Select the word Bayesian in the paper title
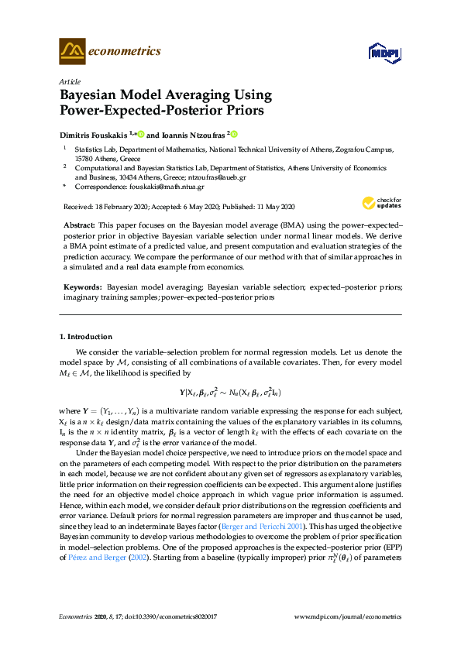tap(93, 95)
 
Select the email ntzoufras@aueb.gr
tap(243, 176)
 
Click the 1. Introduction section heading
tap(86, 337)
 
